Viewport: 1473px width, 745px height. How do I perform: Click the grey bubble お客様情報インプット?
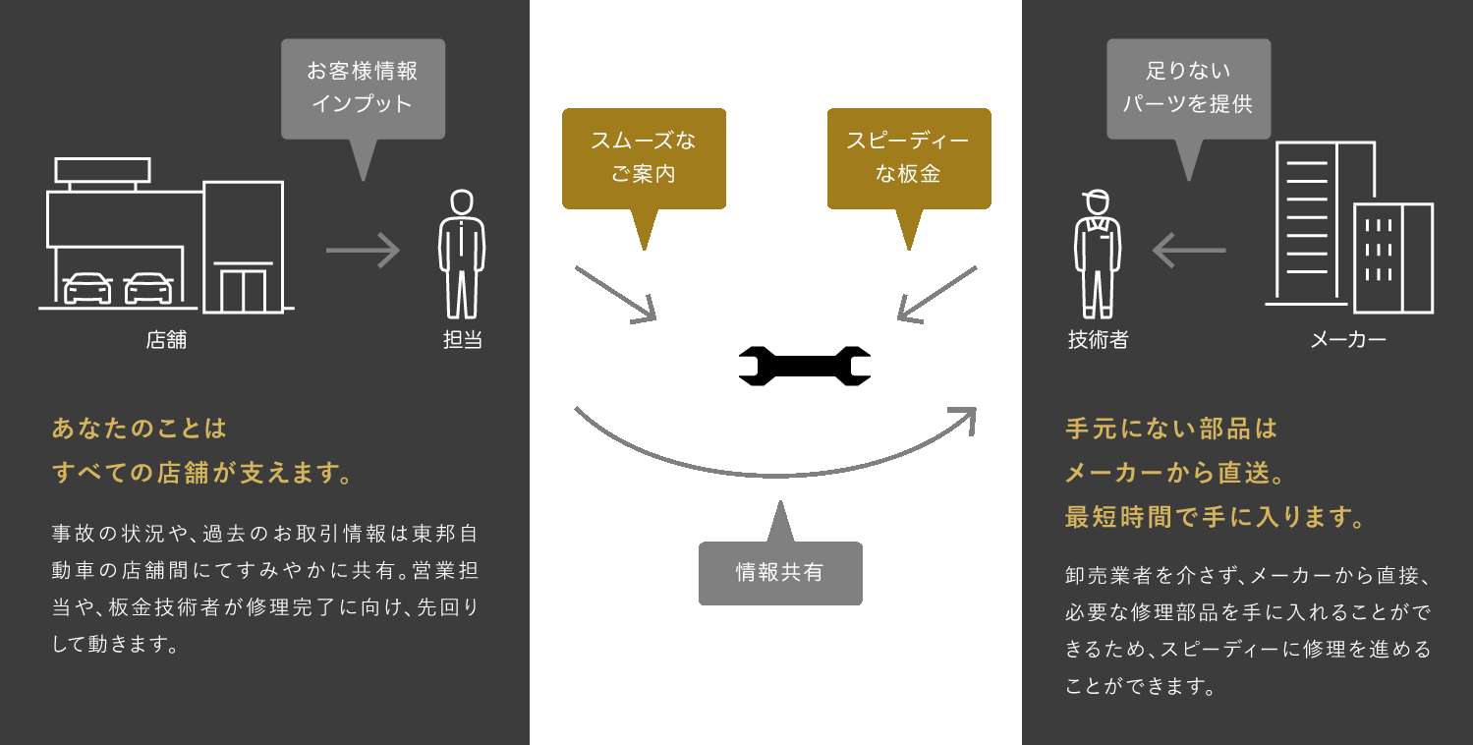[363, 88]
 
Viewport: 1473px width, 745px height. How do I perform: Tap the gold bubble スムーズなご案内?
[644, 158]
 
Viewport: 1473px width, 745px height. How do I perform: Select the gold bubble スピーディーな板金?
[908, 158]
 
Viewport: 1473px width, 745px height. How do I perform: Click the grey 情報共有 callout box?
[780, 573]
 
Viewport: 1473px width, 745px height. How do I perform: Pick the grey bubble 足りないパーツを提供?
[1188, 88]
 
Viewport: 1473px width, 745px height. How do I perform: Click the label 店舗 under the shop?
[166, 341]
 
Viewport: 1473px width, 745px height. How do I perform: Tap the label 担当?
[462, 341]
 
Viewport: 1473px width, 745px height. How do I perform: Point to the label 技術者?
[1098, 341]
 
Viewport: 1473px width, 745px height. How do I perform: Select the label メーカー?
[1348, 341]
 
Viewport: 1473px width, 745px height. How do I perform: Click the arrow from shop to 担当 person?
[363, 250]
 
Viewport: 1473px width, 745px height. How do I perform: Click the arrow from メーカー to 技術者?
[1188, 250]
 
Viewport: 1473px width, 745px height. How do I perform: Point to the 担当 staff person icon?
[462, 254]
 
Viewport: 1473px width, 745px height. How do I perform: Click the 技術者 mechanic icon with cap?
[1098, 254]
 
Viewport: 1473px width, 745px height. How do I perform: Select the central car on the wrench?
[805, 334]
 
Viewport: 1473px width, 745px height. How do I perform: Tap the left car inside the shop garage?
[87, 288]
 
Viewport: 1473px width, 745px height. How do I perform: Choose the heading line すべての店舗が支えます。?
[202, 474]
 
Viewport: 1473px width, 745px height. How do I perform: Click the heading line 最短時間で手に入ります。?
[1216, 517]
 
